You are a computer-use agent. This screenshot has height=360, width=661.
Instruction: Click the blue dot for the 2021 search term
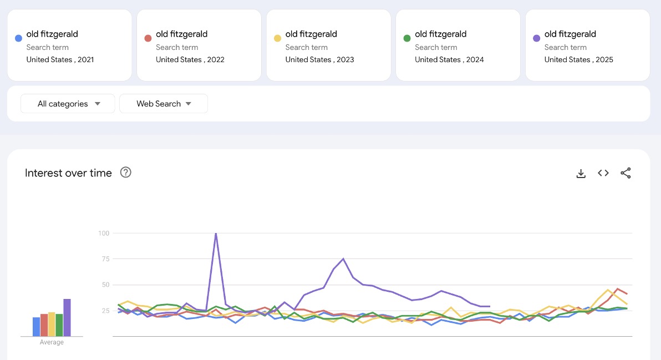[x=18, y=38]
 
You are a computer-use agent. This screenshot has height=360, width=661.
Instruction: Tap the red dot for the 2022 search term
[x=148, y=38]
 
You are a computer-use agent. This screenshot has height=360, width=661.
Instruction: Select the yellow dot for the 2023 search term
[x=277, y=38]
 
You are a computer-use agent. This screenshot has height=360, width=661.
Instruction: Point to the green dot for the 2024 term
[x=406, y=38]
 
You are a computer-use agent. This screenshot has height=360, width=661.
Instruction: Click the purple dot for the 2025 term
[x=536, y=38]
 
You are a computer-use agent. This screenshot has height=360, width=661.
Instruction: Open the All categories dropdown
[x=68, y=104]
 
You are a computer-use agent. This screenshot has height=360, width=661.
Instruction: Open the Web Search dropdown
[x=164, y=104]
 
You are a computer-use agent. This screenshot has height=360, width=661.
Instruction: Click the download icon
[x=581, y=174]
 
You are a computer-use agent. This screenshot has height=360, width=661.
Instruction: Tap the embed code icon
[x=603, y=173]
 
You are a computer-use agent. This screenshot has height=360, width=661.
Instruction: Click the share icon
[x=626, y=173]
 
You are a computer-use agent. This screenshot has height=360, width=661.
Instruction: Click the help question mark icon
[x=126, y=173]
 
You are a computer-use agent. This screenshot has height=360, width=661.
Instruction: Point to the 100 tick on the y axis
[x=104, y=233]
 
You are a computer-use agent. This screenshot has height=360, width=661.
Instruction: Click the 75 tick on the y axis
[x=105, y=259]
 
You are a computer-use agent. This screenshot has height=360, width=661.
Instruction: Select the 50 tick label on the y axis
[x=105, y=285]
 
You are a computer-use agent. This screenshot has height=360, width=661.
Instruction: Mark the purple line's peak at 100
[x=216, y=234]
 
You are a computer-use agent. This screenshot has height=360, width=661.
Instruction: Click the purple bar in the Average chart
[x=67, y=317]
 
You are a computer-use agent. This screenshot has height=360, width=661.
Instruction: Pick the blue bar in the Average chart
[x=36, y=326]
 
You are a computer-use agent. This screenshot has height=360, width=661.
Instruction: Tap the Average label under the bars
[x=52, y=342]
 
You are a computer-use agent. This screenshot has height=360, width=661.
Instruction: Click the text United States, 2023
[x=319, y=59]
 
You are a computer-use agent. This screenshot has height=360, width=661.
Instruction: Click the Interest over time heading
[x=68, y=173]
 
